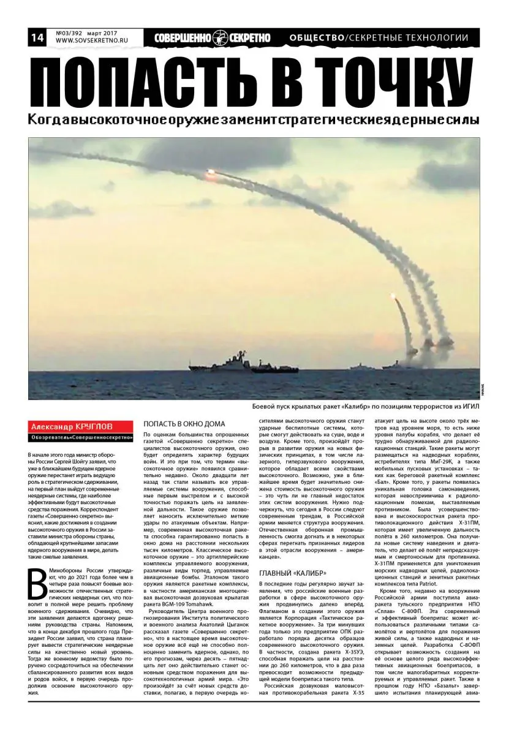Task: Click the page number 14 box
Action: [36, 38]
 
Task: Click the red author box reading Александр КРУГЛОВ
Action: [81, 426]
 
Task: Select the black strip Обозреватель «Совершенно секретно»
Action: [81, 437]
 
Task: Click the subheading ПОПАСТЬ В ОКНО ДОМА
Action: [184, 424]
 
